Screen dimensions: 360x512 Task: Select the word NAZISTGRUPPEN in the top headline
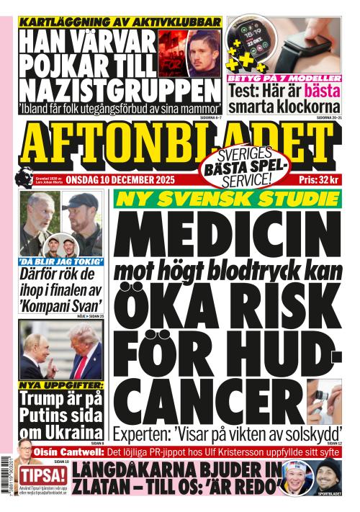[x=119, y=89]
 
